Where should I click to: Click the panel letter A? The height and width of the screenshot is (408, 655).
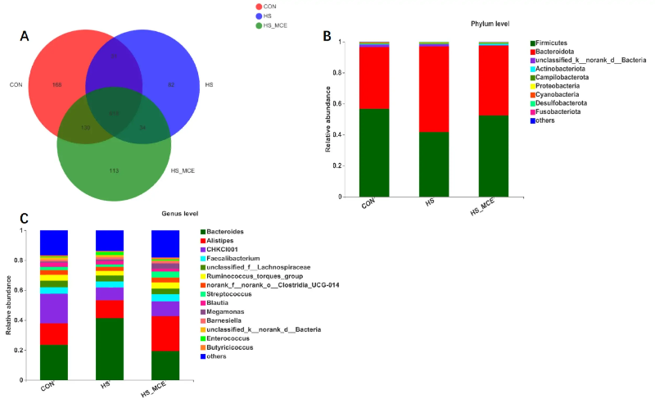pos(25,35)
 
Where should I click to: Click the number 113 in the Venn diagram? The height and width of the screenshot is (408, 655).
pos(115,170)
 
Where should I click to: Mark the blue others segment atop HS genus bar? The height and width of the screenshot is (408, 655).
pos(110,240)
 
